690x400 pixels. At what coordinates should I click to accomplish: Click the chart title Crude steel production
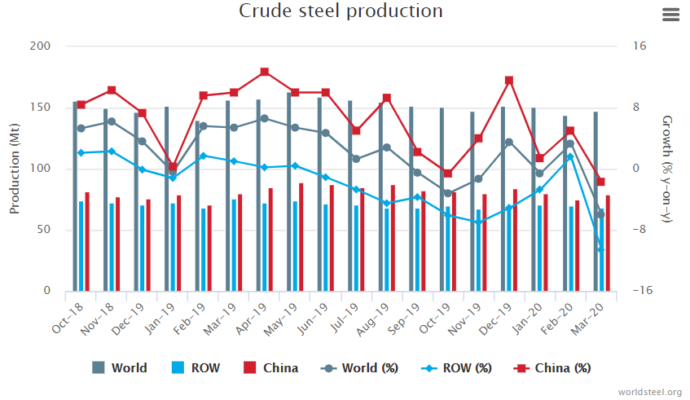[341, 11]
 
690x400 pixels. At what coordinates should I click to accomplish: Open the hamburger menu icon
[671, 15]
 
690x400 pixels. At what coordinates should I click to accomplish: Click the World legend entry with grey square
[120, 367]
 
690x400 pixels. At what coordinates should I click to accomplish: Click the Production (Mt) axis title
[15, 169]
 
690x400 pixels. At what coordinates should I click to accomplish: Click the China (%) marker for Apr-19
[264, 72]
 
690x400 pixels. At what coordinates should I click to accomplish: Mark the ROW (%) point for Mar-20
[600, 250]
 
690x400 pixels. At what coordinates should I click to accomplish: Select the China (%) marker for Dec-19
[509, 81]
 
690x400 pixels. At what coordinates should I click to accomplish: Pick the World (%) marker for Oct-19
[448, 193]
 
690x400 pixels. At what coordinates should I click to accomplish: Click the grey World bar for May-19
[289, 191]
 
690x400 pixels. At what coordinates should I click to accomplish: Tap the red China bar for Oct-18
[87, 241]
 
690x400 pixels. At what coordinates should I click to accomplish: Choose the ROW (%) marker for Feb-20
[570, 156]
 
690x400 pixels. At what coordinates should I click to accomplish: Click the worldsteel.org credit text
[650, 393]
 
